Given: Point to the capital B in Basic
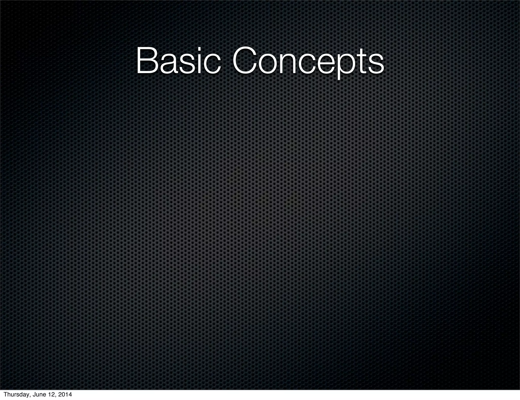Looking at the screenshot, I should (x=147, y=61).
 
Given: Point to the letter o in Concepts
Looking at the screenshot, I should (x=269, y=64).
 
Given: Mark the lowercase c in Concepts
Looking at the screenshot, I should (x=309, y=64).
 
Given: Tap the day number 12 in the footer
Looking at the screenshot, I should (x=52, y=395).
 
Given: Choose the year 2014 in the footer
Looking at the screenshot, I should (x=65, y=395).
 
